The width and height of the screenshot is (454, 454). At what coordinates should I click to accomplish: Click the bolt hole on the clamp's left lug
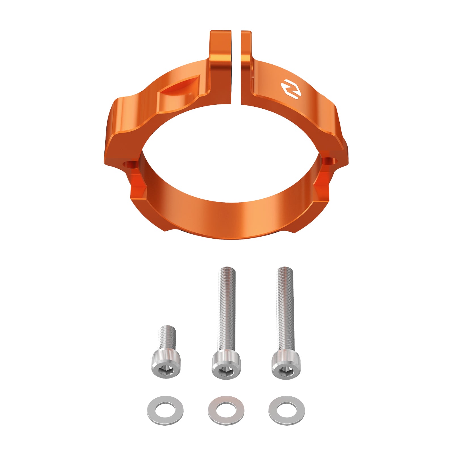pos(130,165)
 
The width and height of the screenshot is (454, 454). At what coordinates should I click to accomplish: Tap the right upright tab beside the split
pos(246,51)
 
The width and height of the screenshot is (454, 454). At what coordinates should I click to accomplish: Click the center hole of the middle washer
pos(226,410)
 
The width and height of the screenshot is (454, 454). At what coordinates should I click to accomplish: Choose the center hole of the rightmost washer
pos(287,410)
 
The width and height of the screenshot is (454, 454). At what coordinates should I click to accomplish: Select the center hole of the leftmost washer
pos(165,410)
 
